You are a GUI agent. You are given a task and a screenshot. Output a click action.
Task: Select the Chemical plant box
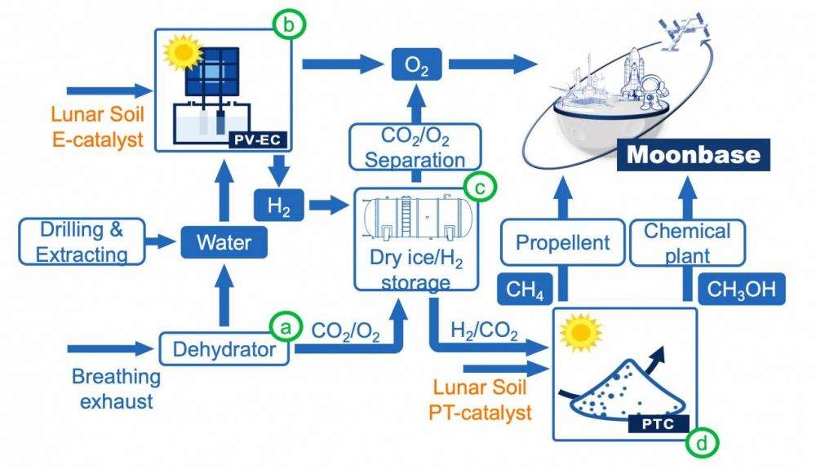click(687, 241)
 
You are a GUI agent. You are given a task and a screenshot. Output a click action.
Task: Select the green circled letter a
click(285, 327)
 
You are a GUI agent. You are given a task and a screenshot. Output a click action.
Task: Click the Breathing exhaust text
click(115, 388)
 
